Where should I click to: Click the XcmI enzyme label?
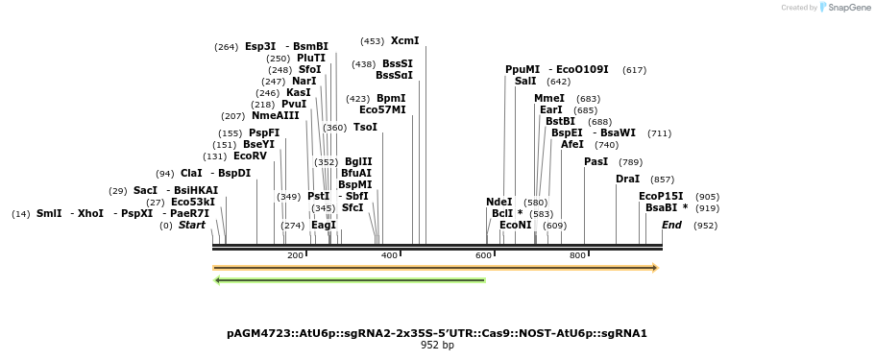(x=404, y=41)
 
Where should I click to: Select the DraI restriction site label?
(x=627, y=180)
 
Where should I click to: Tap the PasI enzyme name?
(x=595, y=162)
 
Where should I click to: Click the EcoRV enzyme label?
(x=250, y=156)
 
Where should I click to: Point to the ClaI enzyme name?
(x=192, y=174)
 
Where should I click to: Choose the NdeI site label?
(x=499, y=203)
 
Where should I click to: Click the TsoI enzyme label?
(x=365, y=128)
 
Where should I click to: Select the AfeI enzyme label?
(x=572, y=145)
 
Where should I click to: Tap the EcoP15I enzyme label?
(x=661, y=197)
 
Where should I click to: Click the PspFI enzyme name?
(x=264, y=133)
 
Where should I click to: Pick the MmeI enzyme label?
(x=549, y=99)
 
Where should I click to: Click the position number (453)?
(x=372, y=41)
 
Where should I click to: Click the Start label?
(x=192, y=226)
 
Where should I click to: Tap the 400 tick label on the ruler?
(x=389, y=255)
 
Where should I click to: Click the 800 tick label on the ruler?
(x=577, y=255)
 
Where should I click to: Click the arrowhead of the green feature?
(x=218, y=280)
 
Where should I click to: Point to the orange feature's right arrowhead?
(x=656, y=268)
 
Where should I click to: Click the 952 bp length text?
(x=437, y=346)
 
